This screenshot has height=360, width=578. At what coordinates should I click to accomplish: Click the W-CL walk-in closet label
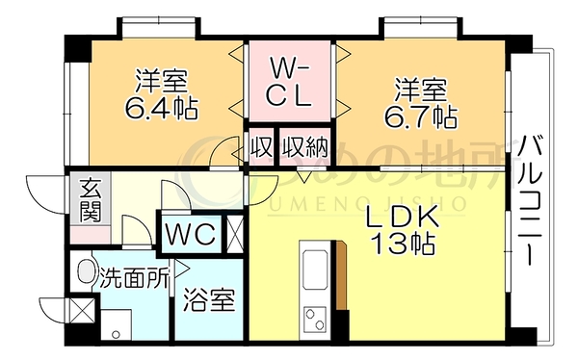click(x=289, y=85)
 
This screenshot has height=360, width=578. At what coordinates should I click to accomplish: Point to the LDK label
click(x=402, y=219)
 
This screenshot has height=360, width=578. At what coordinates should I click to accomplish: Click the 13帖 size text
click(x=403, y=244)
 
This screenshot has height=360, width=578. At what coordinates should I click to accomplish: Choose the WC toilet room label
click(x=190, y=233)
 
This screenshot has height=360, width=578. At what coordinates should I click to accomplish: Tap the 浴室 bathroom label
click(x=209, y=299)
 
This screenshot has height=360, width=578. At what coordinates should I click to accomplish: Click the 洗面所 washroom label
click(x=135, y=276)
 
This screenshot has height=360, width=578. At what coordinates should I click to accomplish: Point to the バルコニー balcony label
click(x=529, y=201)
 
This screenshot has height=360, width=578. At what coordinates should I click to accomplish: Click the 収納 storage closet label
click(x=304, y=147)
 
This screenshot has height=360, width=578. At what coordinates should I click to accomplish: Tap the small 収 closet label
click(x=261, y=147)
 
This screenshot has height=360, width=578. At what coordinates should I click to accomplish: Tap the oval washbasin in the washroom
click(x=86, y=270)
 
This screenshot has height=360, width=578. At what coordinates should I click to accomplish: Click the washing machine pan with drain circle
click(x=117, y=324)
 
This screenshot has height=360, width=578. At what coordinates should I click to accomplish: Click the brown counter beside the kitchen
click(x=341, y=275)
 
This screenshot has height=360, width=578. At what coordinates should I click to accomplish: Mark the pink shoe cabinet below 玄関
click(x=91, y=235)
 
